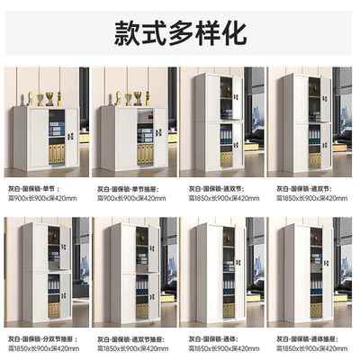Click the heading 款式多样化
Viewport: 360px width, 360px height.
coord(180,32)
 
